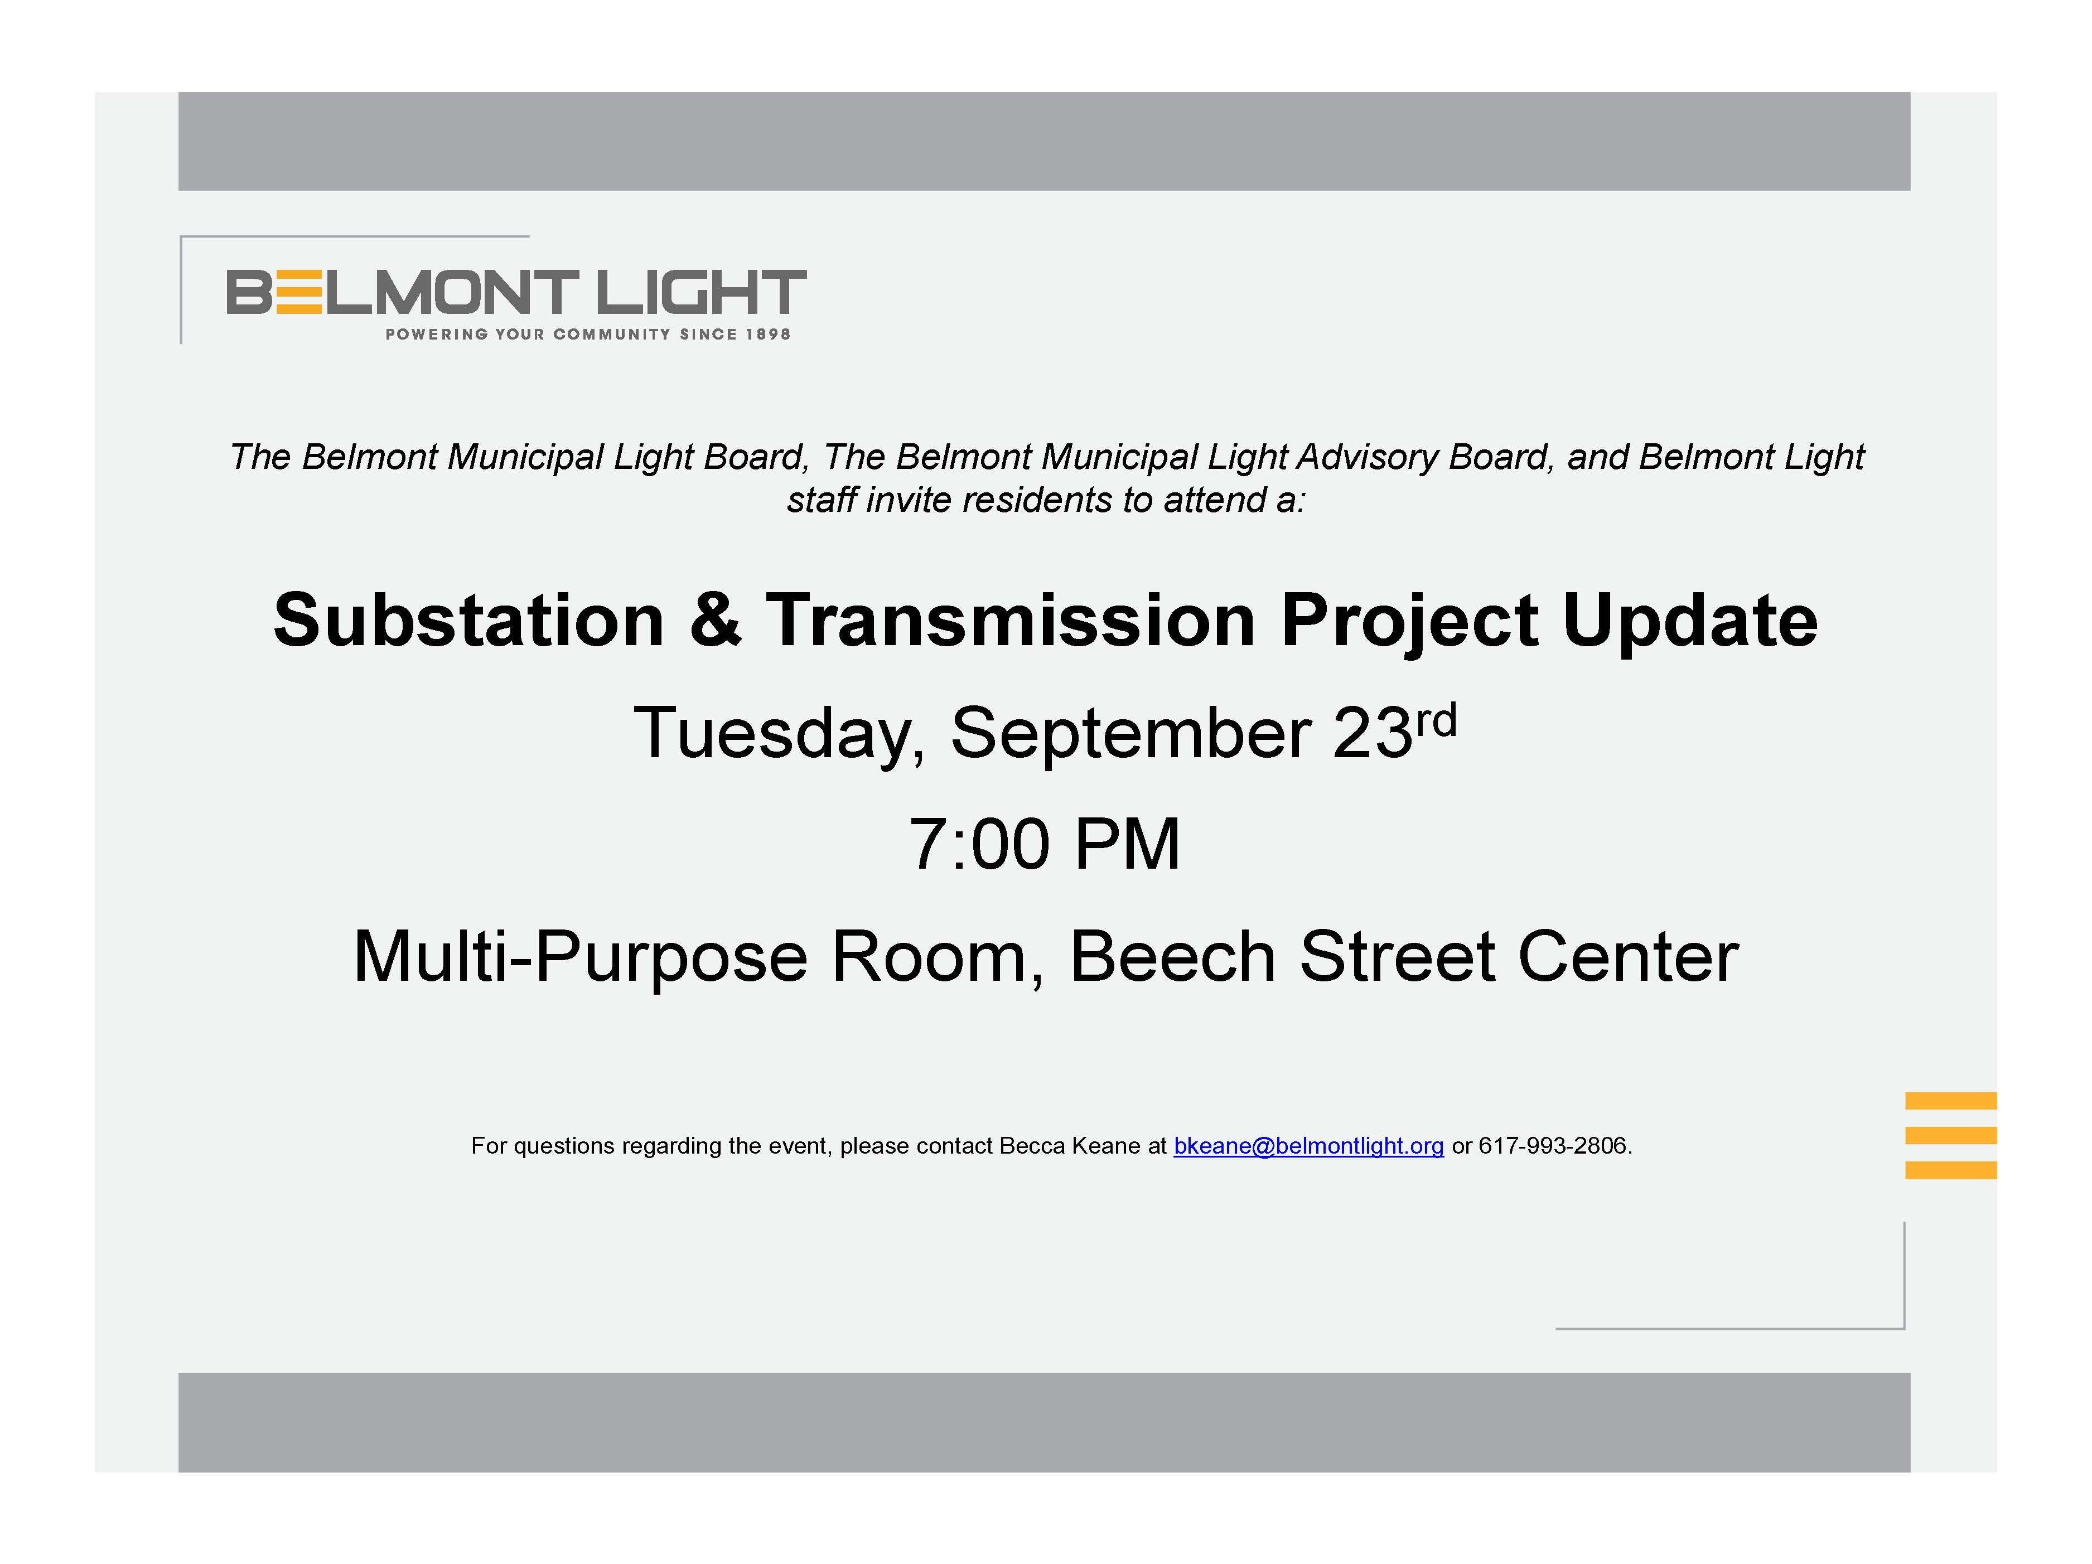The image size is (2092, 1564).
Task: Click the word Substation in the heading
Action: [x=469, y=621]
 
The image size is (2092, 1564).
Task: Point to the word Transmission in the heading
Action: [x=1010, y=621]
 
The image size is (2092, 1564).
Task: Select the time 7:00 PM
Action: [x=1045, y=844]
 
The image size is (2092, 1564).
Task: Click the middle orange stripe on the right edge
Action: [x=1950, y=1136]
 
